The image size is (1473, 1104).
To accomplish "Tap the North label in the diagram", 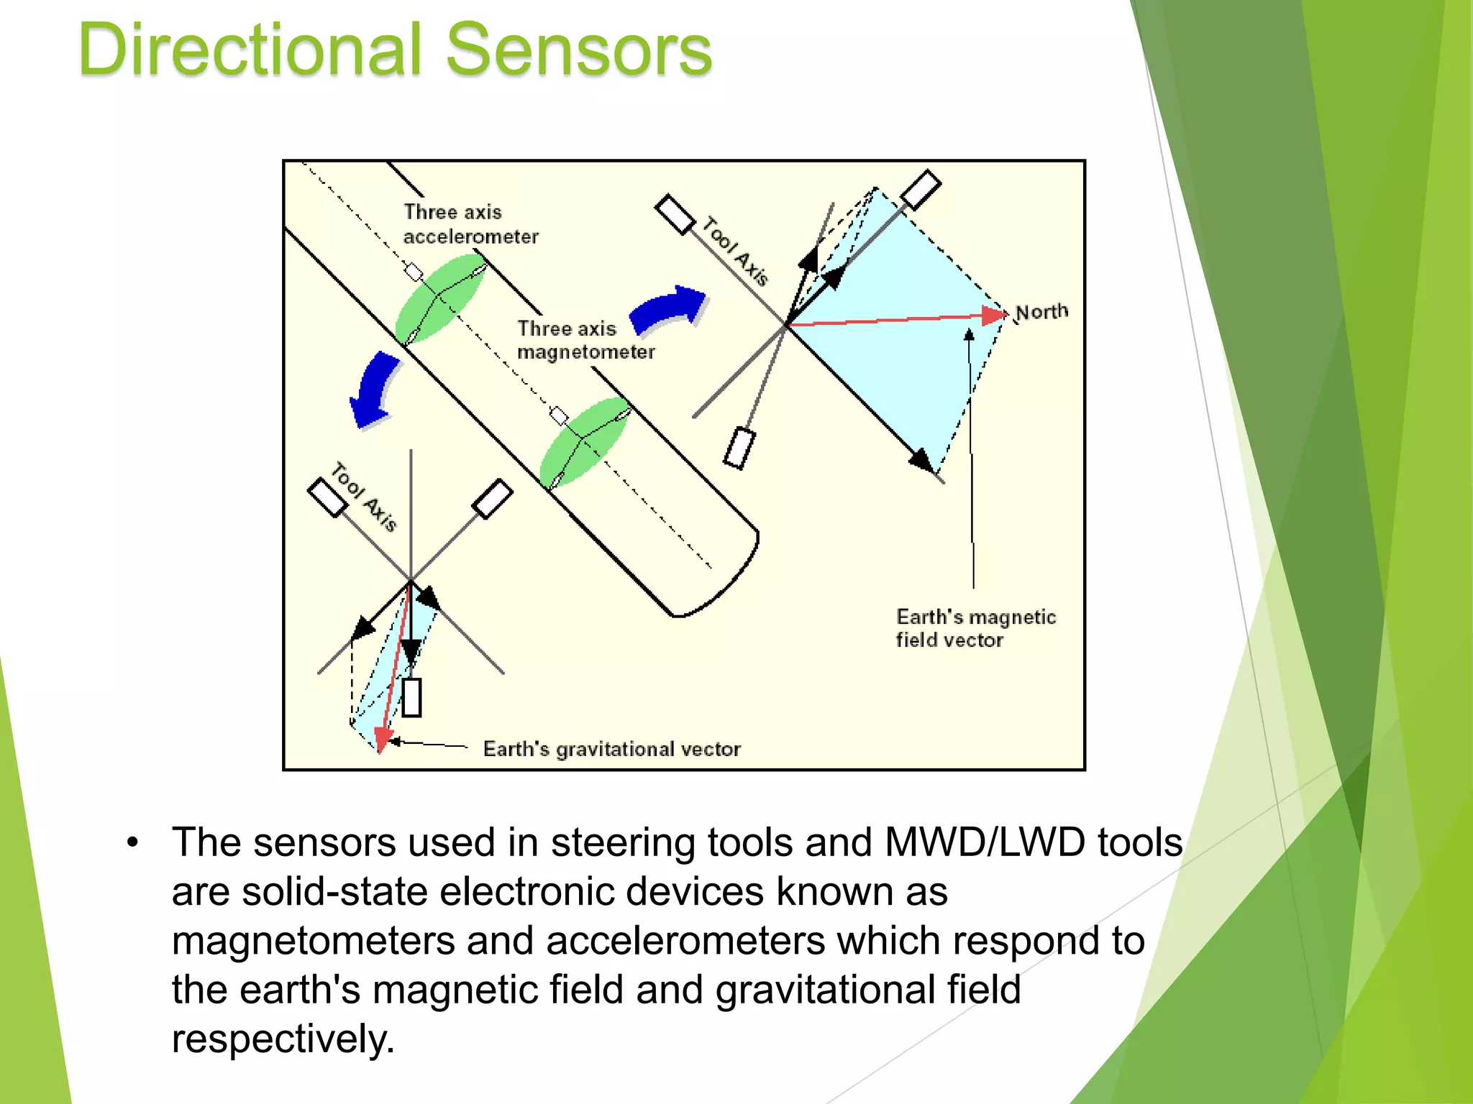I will click(x=1041, y=312).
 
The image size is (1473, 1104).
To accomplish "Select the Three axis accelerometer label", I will click(x=470, y=224).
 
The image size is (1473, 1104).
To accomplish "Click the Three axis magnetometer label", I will click(x=585, y=340).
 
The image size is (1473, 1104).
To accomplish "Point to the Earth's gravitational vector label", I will click(x=611, y=749).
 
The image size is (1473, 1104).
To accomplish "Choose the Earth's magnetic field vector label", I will click(x=975, y=628).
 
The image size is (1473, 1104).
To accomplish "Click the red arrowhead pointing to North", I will click(x=995, y=314).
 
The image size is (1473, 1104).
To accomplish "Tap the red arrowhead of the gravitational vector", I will click(x=383, y=739).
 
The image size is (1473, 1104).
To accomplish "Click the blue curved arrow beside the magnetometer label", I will click(x=669, y=309).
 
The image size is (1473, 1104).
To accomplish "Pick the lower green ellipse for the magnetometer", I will click(x=584, y=442).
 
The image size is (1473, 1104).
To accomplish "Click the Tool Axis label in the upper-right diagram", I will click(x=735, y=252).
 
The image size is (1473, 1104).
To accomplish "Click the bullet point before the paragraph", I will click(x=132, y=842).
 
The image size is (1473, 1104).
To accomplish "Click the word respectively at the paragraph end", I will click(x=283, y=1039).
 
